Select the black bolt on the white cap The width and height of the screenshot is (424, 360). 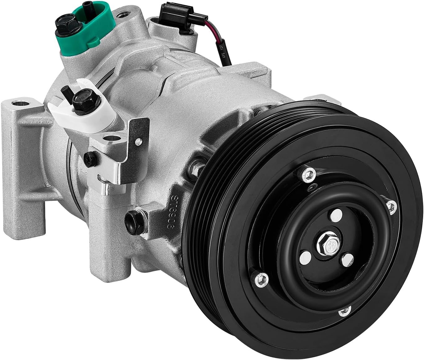(85, 101)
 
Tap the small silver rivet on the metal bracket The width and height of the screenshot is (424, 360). (137, 142)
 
